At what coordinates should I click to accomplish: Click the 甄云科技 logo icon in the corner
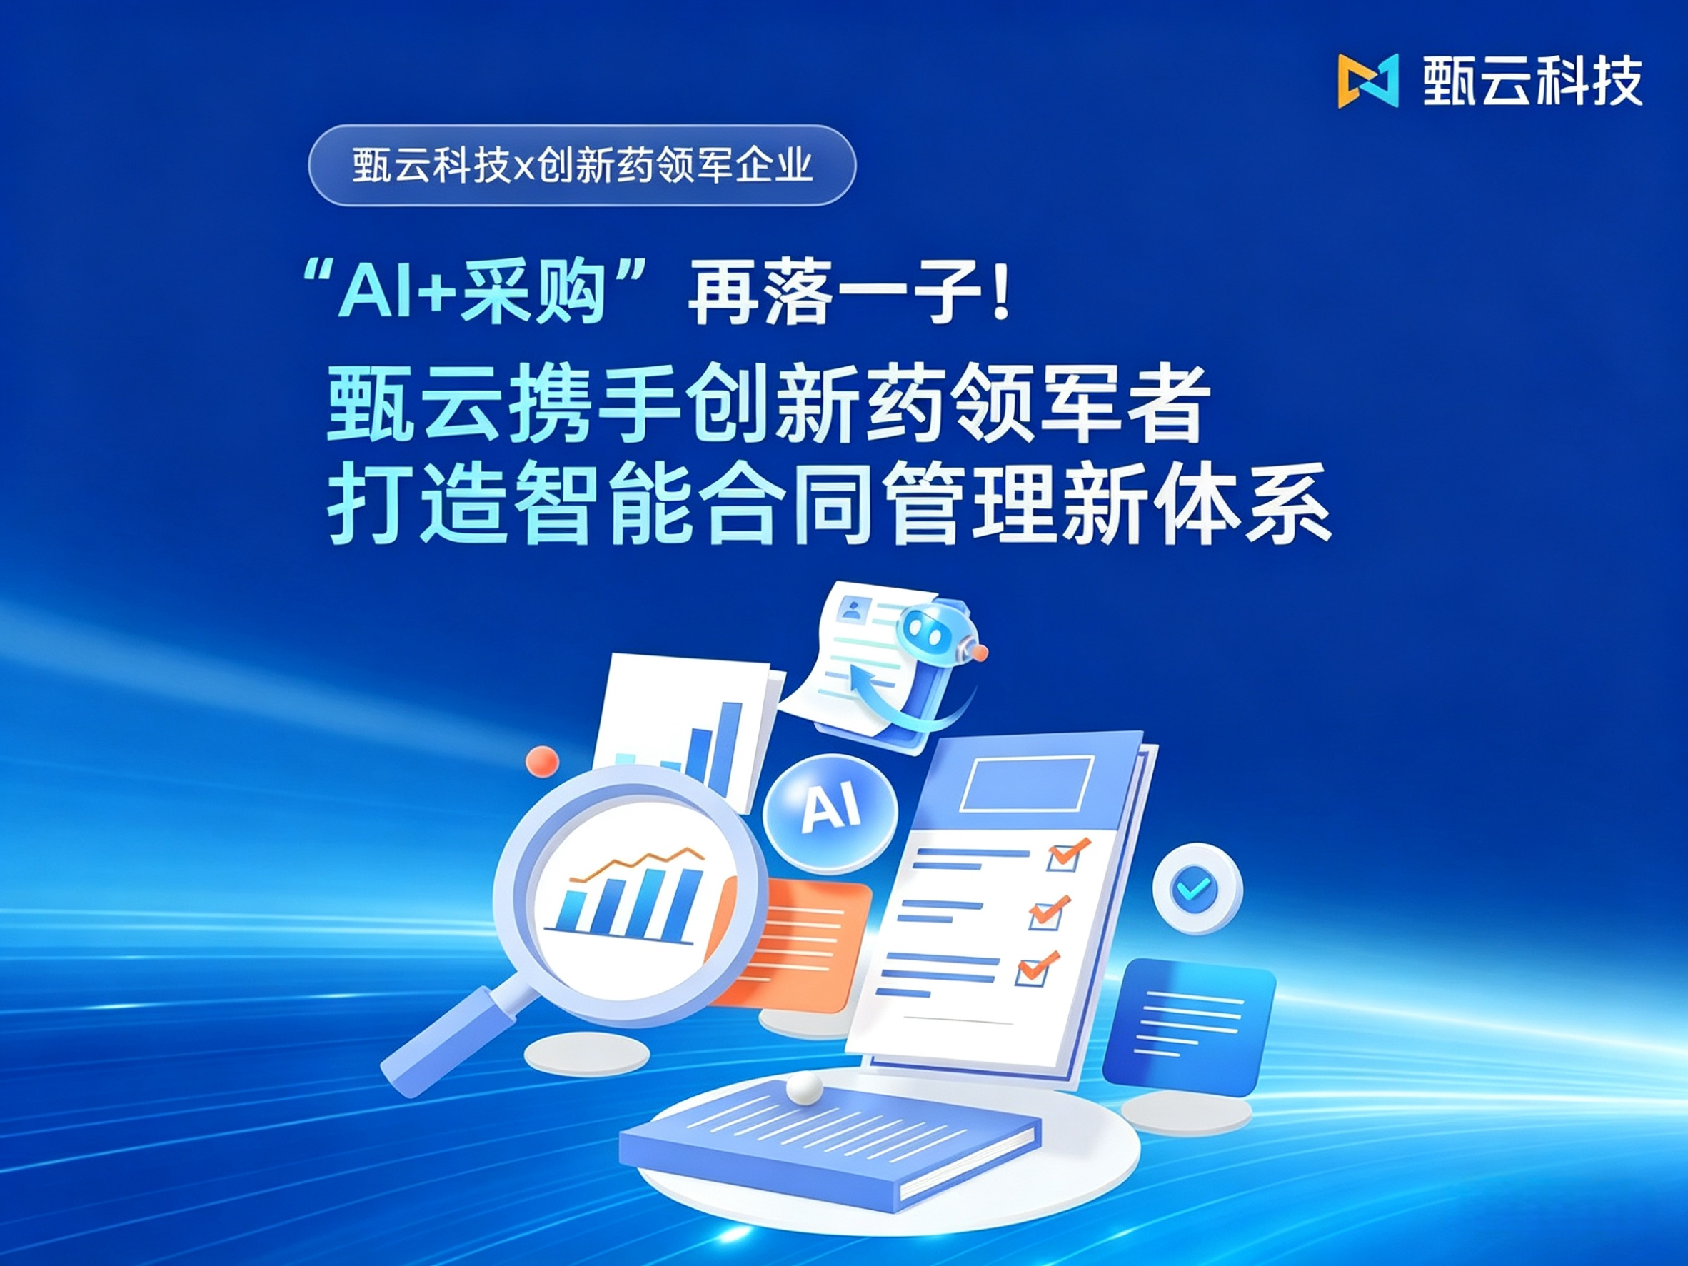[1368, 81]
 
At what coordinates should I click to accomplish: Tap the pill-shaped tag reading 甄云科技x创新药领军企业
[582, 165]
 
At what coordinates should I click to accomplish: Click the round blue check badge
[1197, 888]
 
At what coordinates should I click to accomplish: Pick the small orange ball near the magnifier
[542, 761]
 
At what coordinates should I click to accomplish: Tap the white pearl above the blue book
[804, 1087]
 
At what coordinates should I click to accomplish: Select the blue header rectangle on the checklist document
[1027, 783]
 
